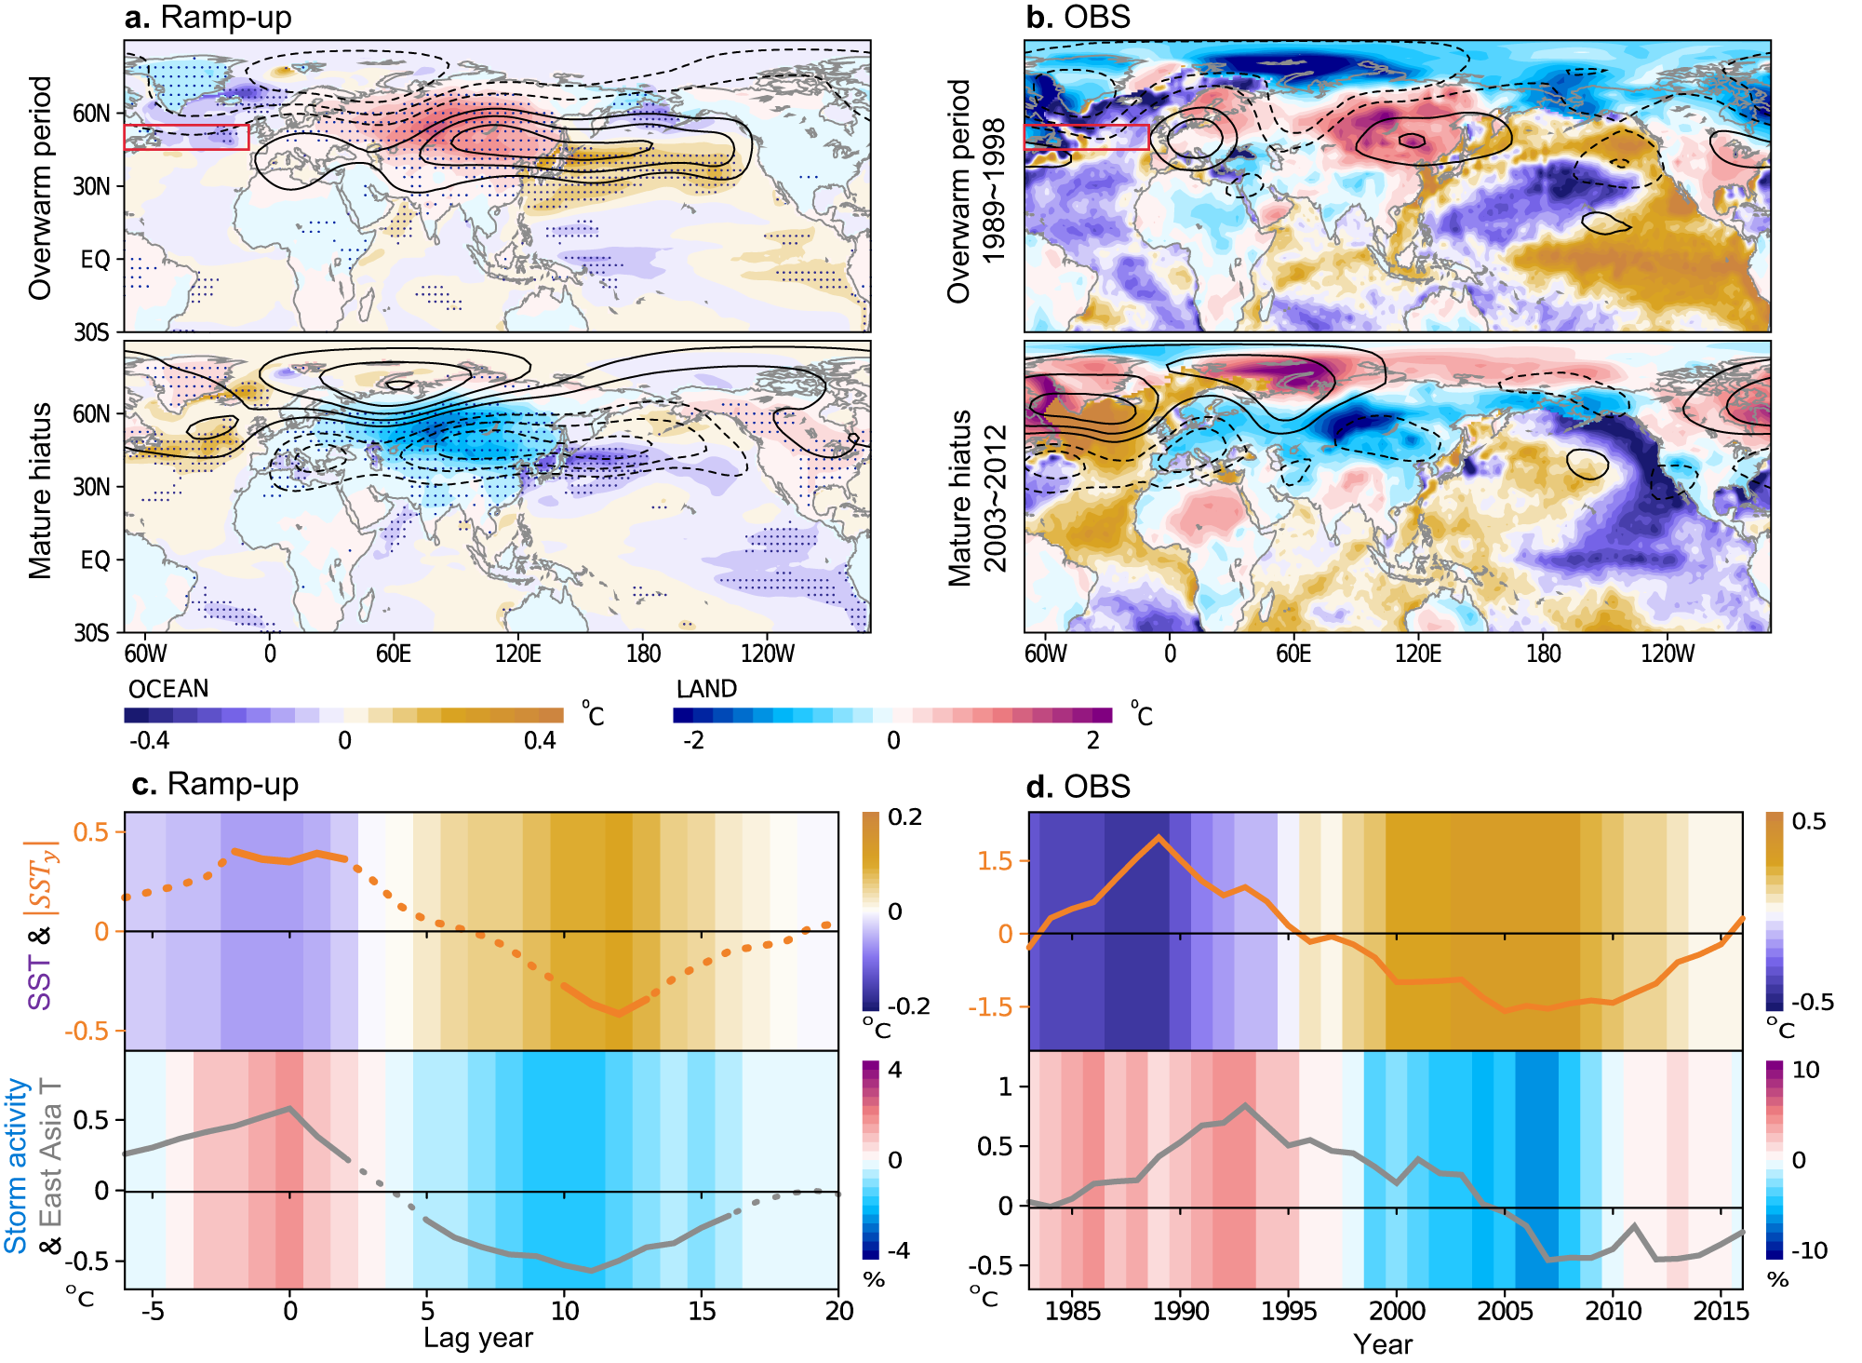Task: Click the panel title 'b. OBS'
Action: pos(1078,18)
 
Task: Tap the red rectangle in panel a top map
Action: pos(186,137)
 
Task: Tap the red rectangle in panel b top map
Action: pos(1086,137)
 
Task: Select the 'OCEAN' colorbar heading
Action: pos(168,689)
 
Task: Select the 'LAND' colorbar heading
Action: pos(706,689)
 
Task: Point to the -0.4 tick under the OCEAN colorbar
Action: pos(149,740)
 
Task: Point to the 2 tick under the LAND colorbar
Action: pos(1092,740)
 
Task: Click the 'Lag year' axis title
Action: pos(477,1338)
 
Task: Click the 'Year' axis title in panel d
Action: pos(1383,1343)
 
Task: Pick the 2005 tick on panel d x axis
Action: pos(1505,1311)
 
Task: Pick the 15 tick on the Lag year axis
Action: pos(702,1311)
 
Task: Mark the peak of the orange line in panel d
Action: pos(1158,836)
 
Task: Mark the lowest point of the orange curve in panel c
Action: pos(619,1013)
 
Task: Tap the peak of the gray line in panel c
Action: pos(289,1108)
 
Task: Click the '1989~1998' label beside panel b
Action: pos(994,191)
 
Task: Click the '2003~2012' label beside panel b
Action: pos(994,498)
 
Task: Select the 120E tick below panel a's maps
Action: pos(517,654)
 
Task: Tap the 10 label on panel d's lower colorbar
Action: pos(1805,1070)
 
